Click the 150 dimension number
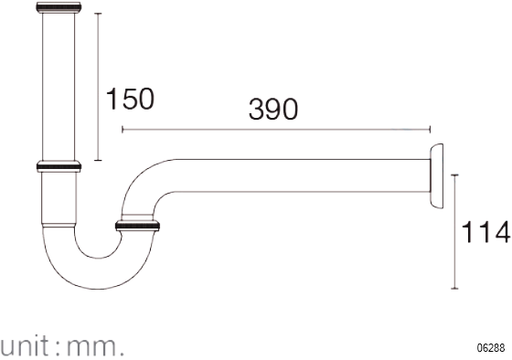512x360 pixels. point(130,99)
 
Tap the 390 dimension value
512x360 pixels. point(273,109)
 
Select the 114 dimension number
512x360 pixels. point(485,232)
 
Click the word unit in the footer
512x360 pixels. point(24,346)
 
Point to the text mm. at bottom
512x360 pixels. point(95,347)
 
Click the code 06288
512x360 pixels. point(491,347)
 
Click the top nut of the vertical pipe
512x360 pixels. point(59,7)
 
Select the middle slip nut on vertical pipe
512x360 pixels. point(59,166)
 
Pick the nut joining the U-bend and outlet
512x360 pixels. point(137,226)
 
